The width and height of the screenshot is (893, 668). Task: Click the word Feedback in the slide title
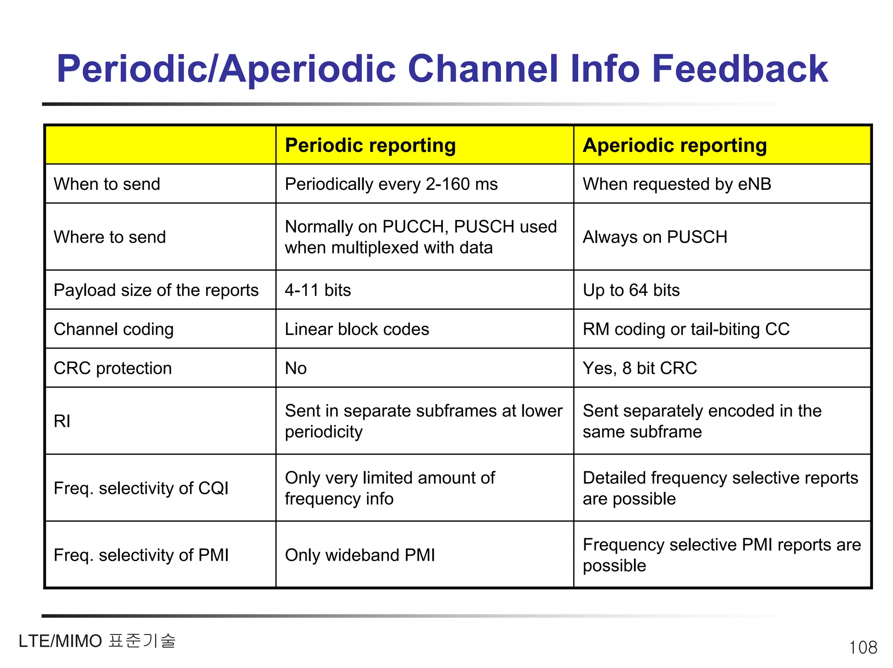[x=740, y=69]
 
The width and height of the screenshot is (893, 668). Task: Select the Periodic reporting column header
[x=370, y=145]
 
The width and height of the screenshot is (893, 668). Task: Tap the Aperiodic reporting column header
[x=675, y=145]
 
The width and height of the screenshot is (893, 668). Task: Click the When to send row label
[x=107, y=184]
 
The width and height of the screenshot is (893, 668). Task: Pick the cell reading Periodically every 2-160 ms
[x=391, y=184]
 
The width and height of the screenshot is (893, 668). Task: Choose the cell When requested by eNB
[x=677, y=184]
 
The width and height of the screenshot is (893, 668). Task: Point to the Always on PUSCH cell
[x=655, y=237]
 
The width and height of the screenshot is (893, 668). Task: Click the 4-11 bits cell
[x=318, y=290]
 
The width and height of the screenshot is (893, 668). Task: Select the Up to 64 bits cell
[x=631, y=290]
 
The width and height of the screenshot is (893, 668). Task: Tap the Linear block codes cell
[x=357, y=329]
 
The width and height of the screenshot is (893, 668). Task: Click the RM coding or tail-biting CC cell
[x=686, y=329]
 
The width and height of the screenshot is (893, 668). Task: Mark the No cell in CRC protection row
[x=296, y=368]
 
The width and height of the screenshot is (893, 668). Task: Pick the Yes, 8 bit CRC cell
[x=640, y=368]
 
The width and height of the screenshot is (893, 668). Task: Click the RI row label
[x=62, y=421]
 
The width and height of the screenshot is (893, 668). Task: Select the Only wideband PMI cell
[x=360, y=555]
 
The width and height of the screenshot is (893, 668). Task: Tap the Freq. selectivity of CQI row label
[x=141, y=488]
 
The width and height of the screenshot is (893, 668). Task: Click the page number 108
[x=863, y=647]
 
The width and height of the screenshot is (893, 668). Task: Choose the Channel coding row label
[x=113, y=329]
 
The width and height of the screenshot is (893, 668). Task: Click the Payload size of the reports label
[x=156, y=290]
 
